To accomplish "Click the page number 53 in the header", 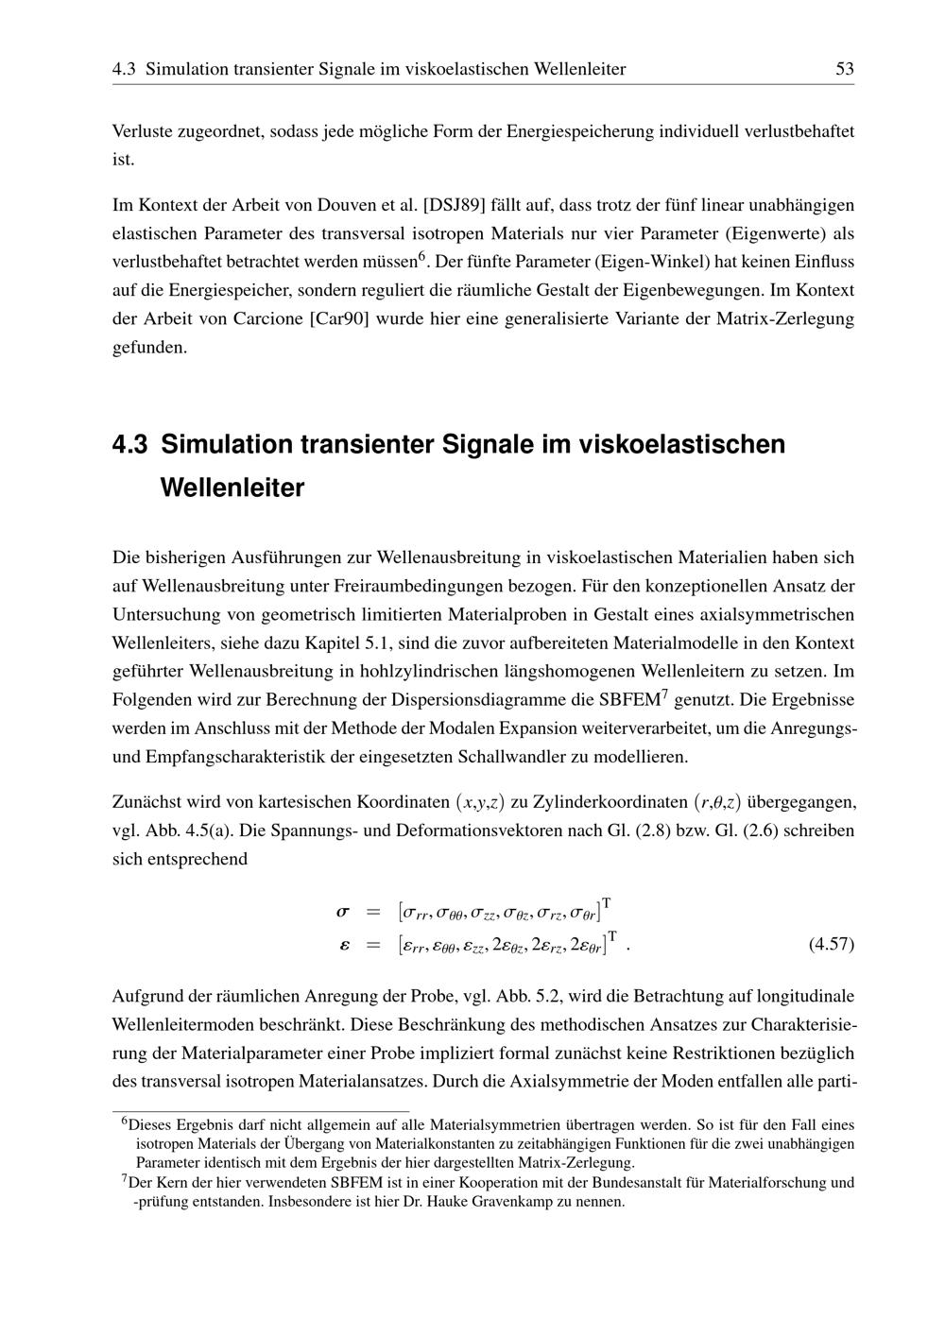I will point(845,69).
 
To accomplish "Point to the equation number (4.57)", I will point(832,944).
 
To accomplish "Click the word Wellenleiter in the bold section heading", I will point(232,488).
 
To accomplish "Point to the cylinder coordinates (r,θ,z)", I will point(717,802).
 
